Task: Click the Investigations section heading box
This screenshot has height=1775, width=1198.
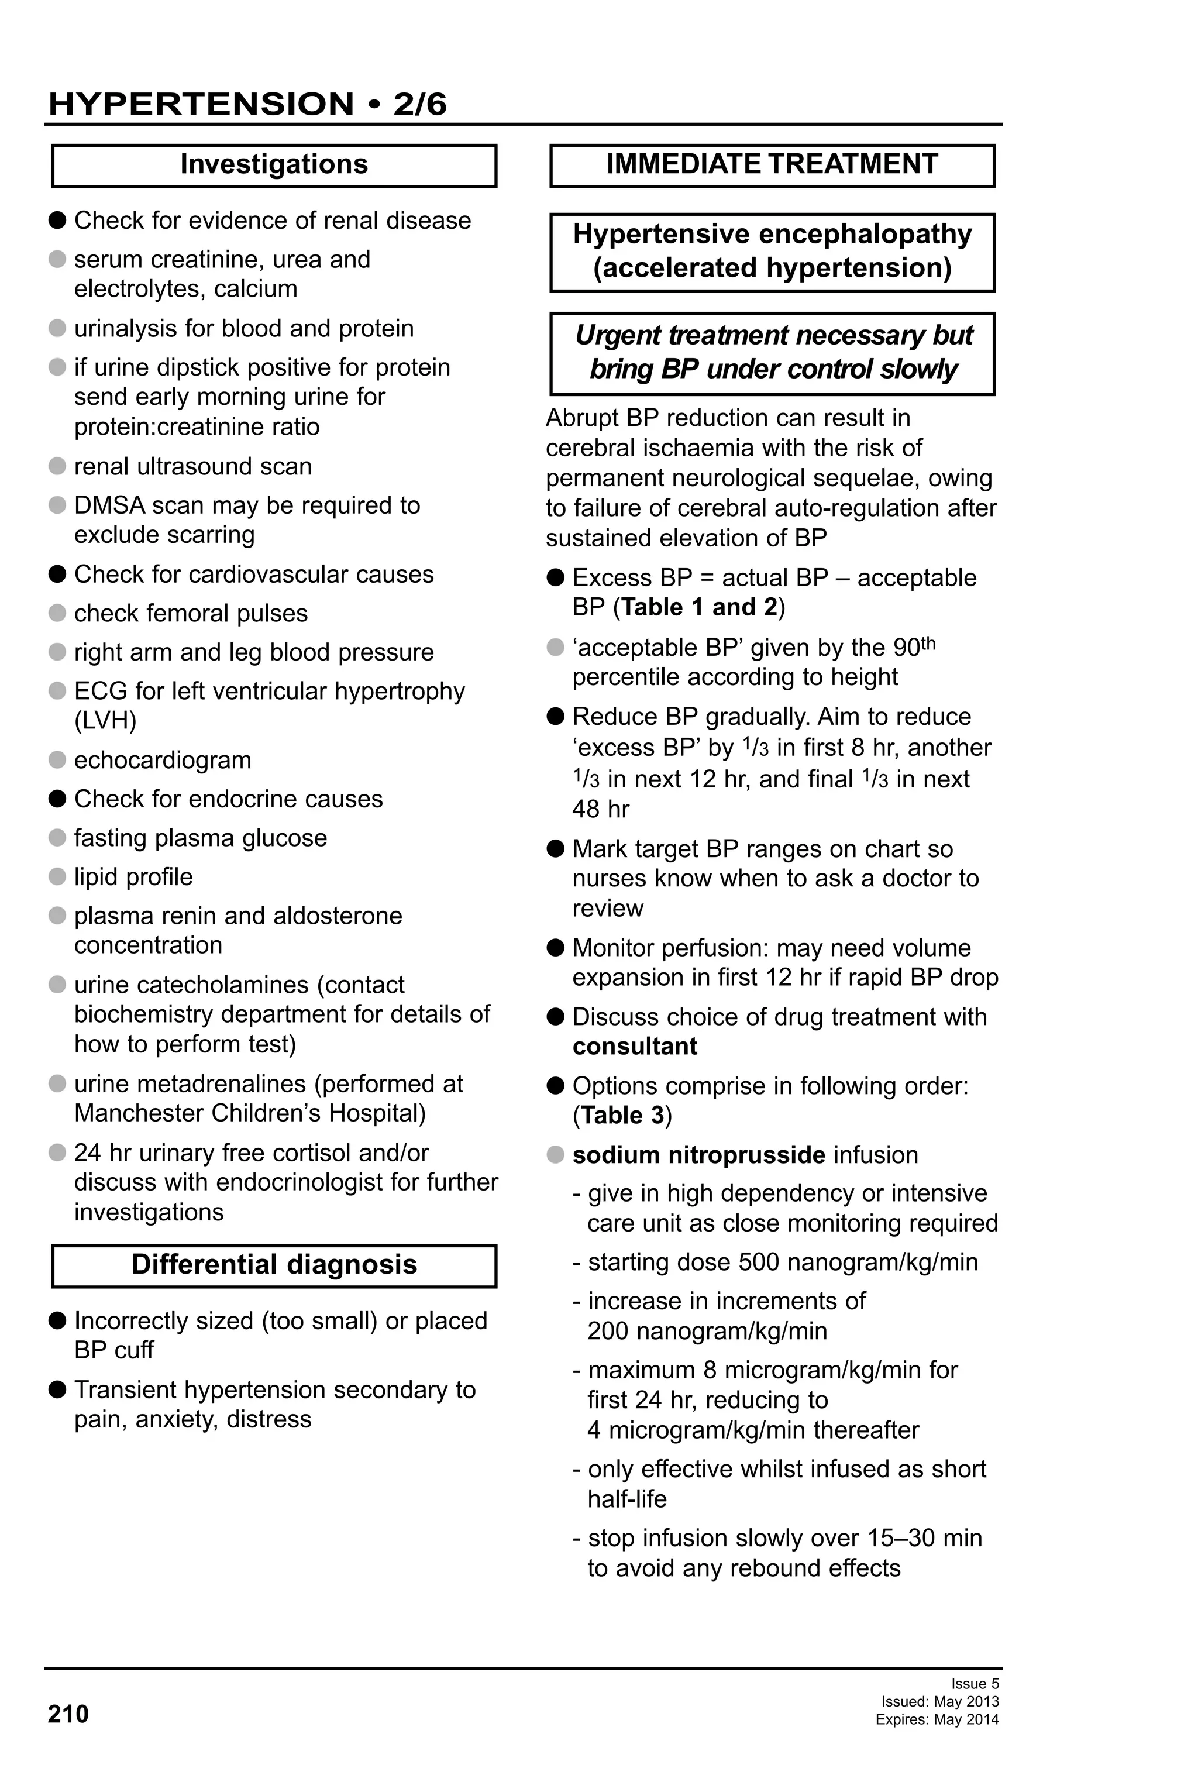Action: tap(274, 165)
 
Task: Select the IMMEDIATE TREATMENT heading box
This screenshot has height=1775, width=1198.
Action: tap(772, 165)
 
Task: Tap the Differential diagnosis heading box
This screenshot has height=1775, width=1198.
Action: tap(274, 1265)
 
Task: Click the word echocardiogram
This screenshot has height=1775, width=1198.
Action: tap(163, 760)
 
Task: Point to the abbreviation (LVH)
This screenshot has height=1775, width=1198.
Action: tap(105, 720)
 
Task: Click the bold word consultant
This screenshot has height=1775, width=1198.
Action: tap(635, 1047)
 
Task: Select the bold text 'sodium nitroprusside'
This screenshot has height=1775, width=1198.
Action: tap(698, 1155)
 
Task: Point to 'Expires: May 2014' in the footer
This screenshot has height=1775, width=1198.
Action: tap(937, 1719)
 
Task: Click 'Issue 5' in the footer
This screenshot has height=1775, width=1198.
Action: tap(975, 1684)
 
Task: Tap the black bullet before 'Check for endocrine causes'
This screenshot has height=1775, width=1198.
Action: tap(57, 799)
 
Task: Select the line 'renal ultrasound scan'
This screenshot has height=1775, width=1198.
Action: tap(192, 466)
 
